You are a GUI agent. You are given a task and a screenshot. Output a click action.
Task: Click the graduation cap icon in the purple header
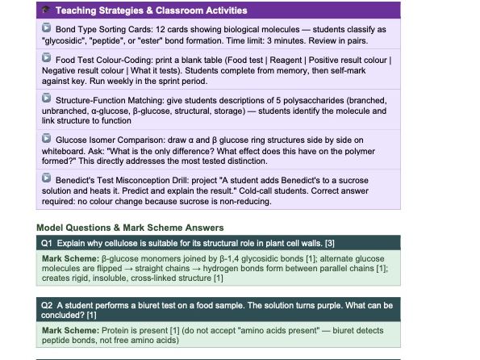coord(46,10)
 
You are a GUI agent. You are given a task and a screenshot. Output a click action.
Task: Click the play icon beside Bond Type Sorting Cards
coord(47,28)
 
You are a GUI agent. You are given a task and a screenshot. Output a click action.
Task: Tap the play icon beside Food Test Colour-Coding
coord(47,59)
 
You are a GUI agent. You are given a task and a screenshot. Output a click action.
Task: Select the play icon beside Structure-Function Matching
coord(47,98)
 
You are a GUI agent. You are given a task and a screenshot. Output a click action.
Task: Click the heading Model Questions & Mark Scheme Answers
coord(130,228)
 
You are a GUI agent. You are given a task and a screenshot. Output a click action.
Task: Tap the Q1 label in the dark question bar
coord(48,242)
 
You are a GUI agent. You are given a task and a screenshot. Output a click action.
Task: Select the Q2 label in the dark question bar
coord(48,305)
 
